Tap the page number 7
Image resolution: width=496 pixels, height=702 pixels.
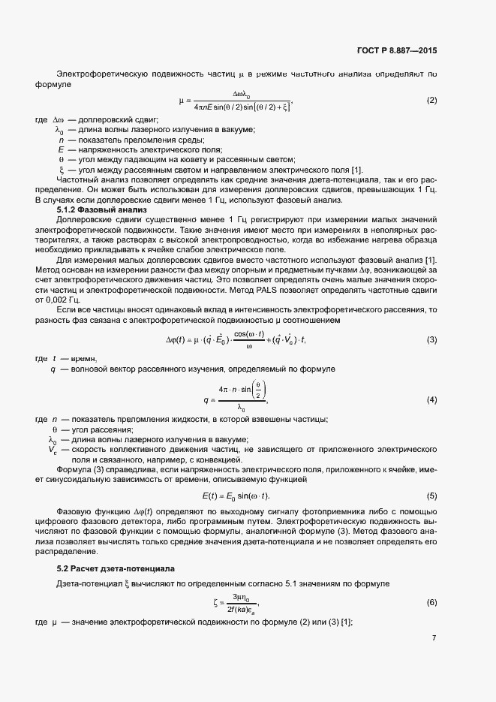(434, 638)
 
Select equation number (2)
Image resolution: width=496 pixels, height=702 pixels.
(431, 101)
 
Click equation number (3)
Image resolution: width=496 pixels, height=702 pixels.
(431, 340)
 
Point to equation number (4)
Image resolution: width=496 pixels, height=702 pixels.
(431, 399)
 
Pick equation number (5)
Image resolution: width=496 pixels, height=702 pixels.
(431, 496)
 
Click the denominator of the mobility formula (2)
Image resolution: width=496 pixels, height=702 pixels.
(242, 108)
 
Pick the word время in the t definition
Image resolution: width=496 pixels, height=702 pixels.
(84, 359)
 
